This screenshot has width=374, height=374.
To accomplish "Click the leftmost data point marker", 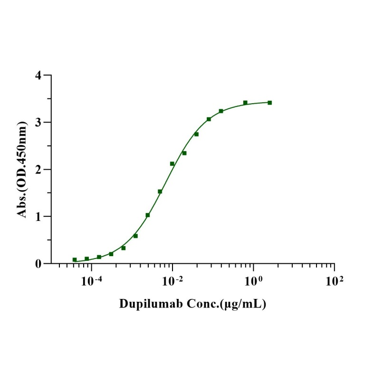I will click(x=75, y=260).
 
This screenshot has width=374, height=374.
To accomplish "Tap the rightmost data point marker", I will click(x=269, y=103).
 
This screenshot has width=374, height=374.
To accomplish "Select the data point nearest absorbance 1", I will click(x=148, y=215).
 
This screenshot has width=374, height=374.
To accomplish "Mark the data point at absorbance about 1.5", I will click(x=160, y=192).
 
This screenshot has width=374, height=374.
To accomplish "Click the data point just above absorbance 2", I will click(x=172, y=164).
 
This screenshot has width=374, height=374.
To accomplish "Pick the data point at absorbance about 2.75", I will click(x=196, y=134).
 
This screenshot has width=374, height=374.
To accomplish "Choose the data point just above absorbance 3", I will click(x=209, y=119).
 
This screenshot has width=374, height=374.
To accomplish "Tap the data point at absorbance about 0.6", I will click(x=135, y=236).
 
